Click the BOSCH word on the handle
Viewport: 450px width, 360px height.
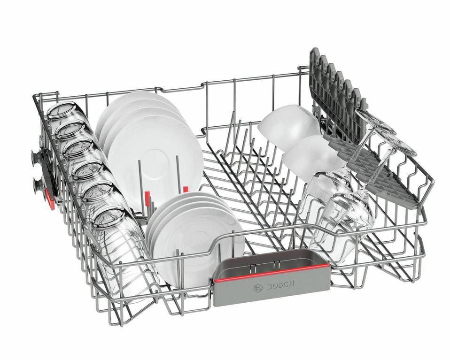pyautogui.click(x=280, y=285)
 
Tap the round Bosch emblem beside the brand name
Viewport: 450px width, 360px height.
pyautogui.click(x=258, y=288)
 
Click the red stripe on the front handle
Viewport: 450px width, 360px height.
pyautogui.click(x=272, y=273)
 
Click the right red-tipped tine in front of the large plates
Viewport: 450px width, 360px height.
pyautogui.click(x=186, y=189)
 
